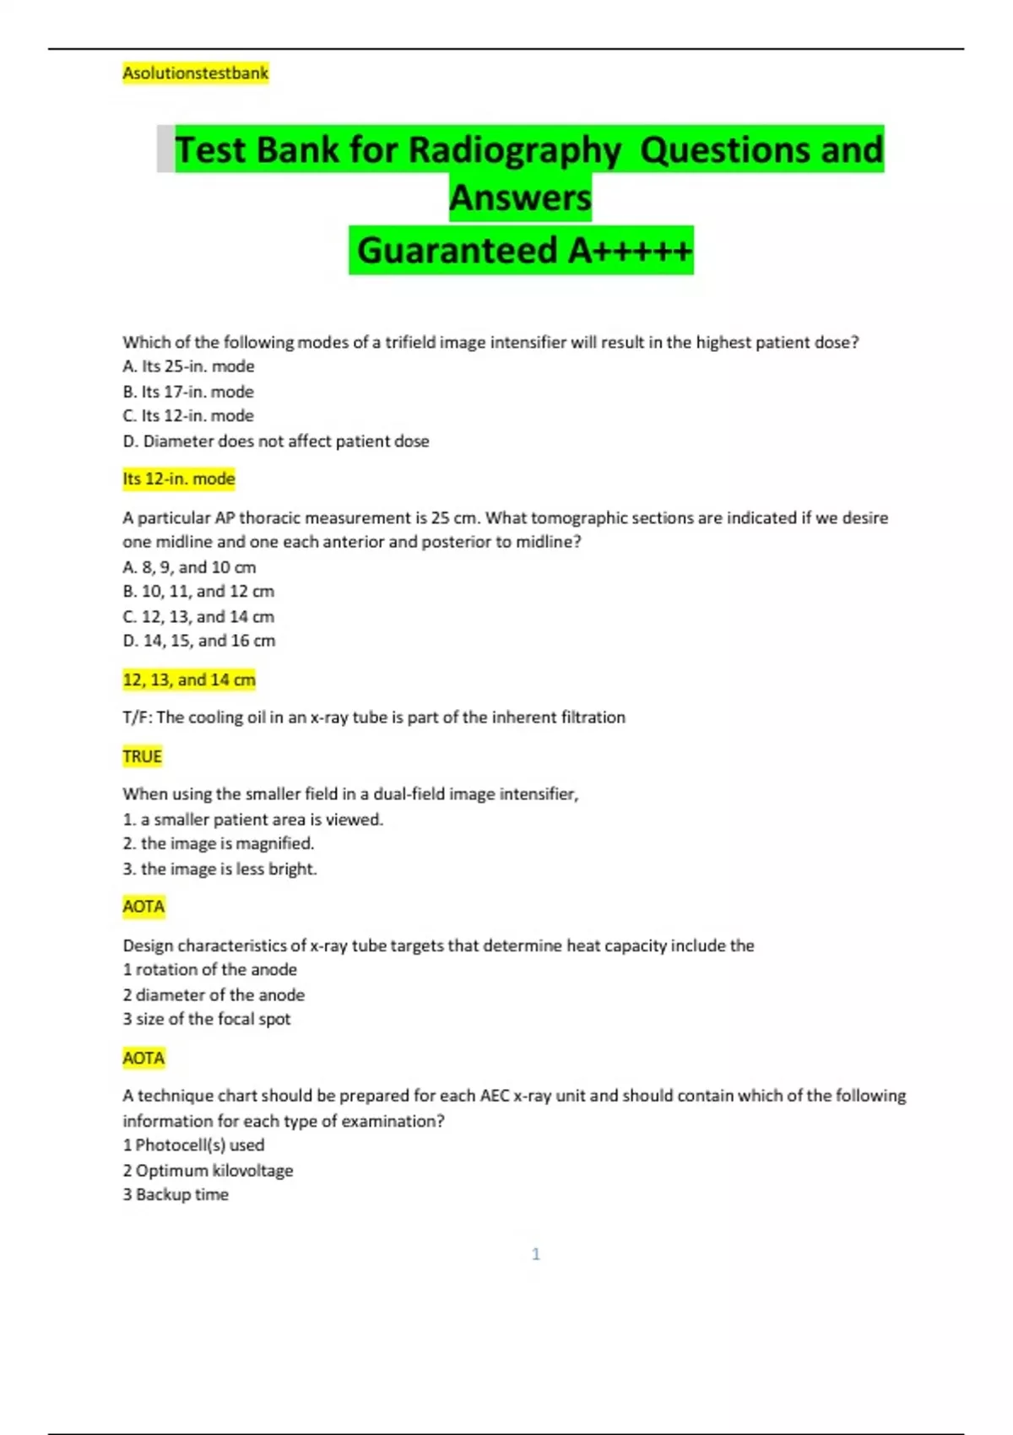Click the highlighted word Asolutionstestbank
195,73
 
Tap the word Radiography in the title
514,150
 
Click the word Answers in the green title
520,198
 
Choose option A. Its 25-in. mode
188,366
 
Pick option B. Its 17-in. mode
188,392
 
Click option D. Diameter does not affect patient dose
276,441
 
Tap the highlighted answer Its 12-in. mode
179,479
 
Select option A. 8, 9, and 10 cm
189,567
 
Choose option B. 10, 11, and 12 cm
198,591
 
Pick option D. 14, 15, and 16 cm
199,641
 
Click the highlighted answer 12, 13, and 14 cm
189,680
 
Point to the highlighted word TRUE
142,756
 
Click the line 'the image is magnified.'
219,843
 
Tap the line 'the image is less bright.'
219,869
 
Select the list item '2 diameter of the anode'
214,994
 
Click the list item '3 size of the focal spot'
207,1019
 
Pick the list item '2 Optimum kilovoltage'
208,1170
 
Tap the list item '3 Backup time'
176,1194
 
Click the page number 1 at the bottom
536,1254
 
